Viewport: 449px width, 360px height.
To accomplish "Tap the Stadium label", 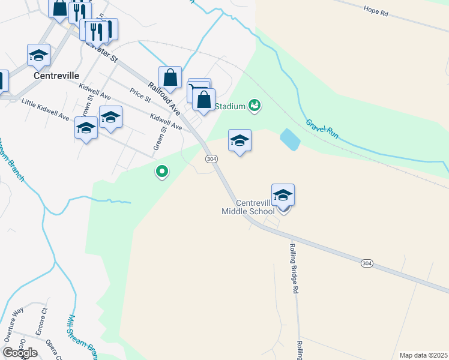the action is click(x=230, y=107).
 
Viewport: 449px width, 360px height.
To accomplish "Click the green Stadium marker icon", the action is click(x=255, y=106).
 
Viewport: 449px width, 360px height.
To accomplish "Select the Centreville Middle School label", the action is click(x=248, y=207).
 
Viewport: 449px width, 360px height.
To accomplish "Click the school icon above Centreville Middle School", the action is click(x=283, y=195).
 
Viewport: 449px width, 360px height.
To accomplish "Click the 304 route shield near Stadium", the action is click(x=211, y=159).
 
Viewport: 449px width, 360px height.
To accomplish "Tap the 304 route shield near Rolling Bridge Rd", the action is click(x=367, y=263).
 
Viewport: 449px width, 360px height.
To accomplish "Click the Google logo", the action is click(x=20, y=353).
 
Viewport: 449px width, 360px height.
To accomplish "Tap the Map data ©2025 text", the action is click(x=424, y=355).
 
